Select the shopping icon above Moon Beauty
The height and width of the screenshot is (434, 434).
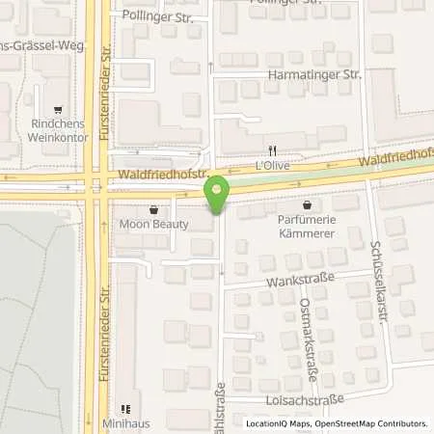click(x=152, y=209)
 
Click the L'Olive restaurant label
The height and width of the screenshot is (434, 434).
click(x=273, y=165)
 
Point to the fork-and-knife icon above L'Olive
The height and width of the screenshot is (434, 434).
click(x=273, y=150)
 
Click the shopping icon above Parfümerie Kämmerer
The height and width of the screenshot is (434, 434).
click(x=307, y=204)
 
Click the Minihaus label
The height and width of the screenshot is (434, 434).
click(x=123, y=422)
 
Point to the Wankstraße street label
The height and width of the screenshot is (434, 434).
click(x=306, y=280)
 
